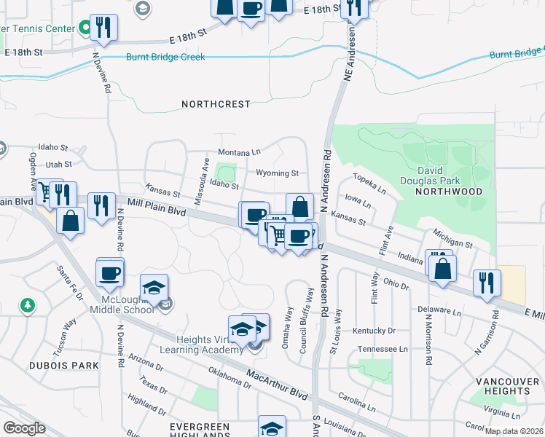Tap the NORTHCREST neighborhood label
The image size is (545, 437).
(216, 104)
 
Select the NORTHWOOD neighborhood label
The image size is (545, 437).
(448, 192)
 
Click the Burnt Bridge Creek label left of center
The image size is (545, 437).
(165, 57)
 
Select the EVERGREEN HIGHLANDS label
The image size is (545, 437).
(200, 431)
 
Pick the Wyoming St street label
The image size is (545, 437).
(277, 173)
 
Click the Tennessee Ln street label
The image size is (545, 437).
(382, 350)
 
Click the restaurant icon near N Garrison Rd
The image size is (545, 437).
(486, 283)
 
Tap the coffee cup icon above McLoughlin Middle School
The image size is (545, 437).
(110, 272)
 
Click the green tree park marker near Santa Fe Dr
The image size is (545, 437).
(28, 305)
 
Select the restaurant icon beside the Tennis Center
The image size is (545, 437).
(103, 28)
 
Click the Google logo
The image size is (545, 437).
(24, 428)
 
